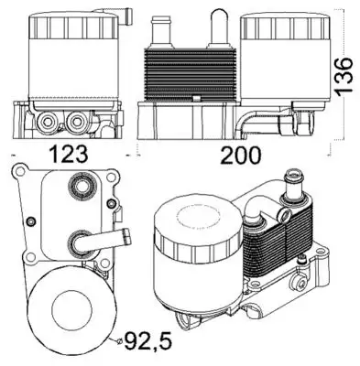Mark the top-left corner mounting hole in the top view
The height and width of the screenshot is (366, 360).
pyautogui.click(x=17, y=172)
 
